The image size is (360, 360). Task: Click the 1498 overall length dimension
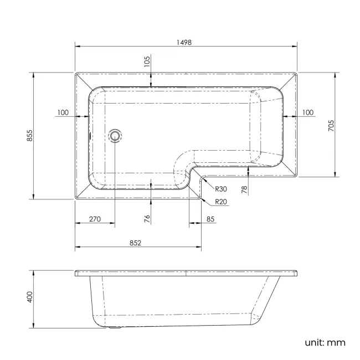pyautogui.click(x=185, y=42)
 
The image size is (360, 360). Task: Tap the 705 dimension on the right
pyautogui.click(x=331, y=125)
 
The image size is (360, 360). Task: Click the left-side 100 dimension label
pyautogui.click(x=63, y=112)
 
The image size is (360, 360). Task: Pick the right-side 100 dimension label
pyautogui.click(x=307, y=112)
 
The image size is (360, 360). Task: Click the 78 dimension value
pyautogui.click(x=244, y=189)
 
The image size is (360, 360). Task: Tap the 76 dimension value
pyautogui.click(x=147, y=218)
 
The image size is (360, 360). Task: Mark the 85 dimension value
pyautogui.click(x=211, y=219)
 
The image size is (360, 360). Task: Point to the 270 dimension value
pyautogui.click(x=94, y=219)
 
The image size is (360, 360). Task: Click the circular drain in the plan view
pyautogui.click(x=115, y=135)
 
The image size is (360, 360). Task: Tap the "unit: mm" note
pyautogui.click(x=325, y=342)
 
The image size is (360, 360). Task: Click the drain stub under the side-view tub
pyautogui.click(x=115, y=327)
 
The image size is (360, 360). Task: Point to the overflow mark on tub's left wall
pyautogui.click(x=90, y=135)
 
